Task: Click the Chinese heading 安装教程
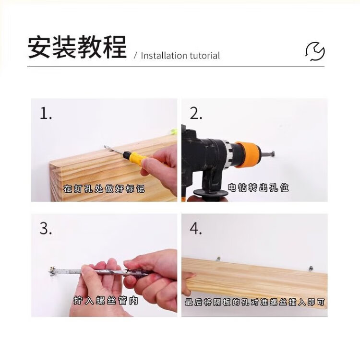77,47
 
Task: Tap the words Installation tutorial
180,56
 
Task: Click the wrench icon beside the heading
315,51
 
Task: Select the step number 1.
46,114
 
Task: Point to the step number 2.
196,114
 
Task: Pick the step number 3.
46,228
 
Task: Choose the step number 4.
196,229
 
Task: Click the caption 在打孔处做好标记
104,189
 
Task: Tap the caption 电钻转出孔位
258,187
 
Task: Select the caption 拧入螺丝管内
106,300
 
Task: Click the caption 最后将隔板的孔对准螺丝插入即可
255,302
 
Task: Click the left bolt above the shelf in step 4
218,258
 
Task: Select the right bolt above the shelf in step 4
311,269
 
